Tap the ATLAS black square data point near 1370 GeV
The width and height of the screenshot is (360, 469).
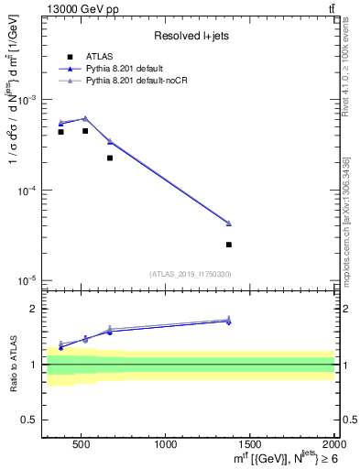(x=229, y=245)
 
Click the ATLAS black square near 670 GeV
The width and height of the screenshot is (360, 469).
(x=110, y=158)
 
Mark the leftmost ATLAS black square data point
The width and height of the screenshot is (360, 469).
(x=60, y=132)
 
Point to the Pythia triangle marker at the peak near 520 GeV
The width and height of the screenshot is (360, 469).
(x=85, y=118)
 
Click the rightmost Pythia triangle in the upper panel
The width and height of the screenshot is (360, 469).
(x=229, y=223)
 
